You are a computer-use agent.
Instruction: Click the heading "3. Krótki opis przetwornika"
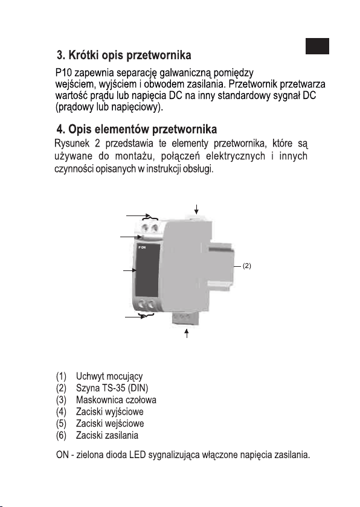(x=124, y=56)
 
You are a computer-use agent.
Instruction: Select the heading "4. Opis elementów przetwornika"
(x=137, y=129)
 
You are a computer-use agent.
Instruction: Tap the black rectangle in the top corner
(x=317, y=46)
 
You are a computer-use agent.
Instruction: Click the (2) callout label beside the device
(x=247, y=266)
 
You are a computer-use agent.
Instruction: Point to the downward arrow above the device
(x=197, y=209)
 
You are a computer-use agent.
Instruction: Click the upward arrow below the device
(x=187, y=333)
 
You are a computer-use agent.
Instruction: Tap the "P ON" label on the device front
(x=142, y=247)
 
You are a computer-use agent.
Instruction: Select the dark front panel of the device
(x=147, y=270)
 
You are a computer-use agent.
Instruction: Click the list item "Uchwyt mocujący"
(x=109, y=377)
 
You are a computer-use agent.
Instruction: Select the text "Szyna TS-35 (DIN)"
(x=112, y=387)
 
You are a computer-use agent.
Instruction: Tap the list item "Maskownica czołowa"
(x=116, y=400)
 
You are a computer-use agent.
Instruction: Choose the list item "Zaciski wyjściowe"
(x=110, y=412)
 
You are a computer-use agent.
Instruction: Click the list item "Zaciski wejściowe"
(x=110, y=424)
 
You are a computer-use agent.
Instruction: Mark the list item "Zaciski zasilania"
(x=107, y=435)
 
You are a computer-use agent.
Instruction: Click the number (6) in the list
(x=61, y=436)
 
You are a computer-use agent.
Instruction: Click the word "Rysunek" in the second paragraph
(x=72, y=143)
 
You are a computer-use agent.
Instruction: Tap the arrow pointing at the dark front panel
(x=130, y=270)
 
